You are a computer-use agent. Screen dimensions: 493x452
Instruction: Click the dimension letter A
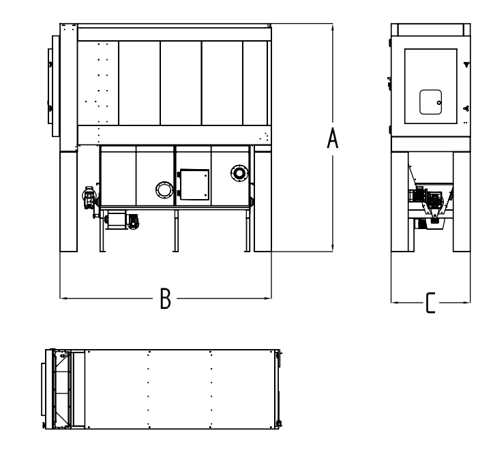(333, 138)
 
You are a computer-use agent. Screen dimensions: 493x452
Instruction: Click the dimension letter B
(166, 299)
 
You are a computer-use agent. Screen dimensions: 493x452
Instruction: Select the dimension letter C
(430, 303)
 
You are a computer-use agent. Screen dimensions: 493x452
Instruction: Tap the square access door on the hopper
(194, 185)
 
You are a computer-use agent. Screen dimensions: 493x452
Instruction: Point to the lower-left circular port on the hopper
(164, 190)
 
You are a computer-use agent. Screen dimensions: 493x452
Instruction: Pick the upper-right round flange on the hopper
(239, 173)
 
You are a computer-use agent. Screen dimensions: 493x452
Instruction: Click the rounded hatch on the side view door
(431, 102)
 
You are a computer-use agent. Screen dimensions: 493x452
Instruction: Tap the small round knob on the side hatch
(439, 103)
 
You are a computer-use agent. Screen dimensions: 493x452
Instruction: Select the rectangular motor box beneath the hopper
(116, 220)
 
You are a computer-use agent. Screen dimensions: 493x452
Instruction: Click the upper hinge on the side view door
(467, 65)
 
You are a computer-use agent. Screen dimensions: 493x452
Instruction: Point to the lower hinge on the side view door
(467, 109)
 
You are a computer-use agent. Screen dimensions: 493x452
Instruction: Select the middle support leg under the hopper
(176, 231)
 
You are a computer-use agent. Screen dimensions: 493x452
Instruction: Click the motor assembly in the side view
(431, 201)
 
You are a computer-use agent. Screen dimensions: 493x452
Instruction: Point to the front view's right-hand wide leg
(263, 201)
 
